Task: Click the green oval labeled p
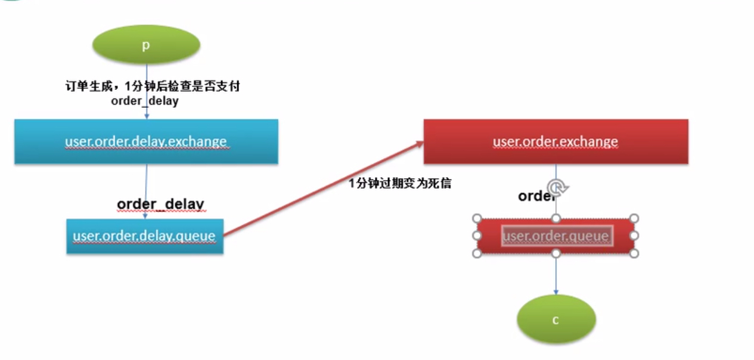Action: point(146,45)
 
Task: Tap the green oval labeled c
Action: point(556,319)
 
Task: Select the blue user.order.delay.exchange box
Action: point(146,141)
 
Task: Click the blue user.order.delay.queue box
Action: point(144,236)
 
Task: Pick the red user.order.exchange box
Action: point(556,141)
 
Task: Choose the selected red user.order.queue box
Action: point(556,236)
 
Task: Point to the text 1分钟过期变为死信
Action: point(400,184)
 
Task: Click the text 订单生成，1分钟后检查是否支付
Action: point(152,86)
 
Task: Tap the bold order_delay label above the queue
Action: point(161,204)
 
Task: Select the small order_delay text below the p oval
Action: point(145,101)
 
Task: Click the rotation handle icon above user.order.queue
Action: point(556,188)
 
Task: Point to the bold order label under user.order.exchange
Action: point(534,196)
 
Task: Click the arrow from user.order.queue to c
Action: point(556,274)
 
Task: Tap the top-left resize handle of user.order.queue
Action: point(477,218)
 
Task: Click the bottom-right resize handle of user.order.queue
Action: point(634,253)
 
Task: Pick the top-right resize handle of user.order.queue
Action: point(634,218)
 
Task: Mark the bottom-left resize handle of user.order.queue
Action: point(477,253)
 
